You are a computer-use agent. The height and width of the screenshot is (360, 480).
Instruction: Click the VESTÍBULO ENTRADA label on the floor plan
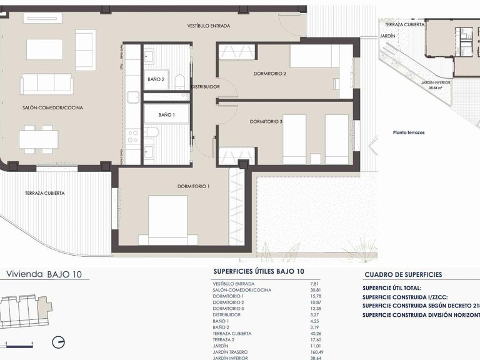click(x=209, y=26)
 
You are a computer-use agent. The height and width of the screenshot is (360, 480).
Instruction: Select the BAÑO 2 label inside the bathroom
click(x=156, y=79)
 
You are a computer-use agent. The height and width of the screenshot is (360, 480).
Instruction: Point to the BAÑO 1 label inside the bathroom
click(x=166, y=115)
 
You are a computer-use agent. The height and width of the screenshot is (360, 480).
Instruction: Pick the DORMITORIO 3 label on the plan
click(x=266, y=121)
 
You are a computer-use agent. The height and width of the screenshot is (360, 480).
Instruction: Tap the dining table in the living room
click(x=38, y=139)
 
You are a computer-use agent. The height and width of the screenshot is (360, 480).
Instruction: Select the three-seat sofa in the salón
click(x=46, y=84)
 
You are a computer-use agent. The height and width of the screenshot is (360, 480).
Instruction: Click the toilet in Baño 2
click(x=179, y=81)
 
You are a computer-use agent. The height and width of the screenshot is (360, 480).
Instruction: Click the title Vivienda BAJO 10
click(x=44, y=274)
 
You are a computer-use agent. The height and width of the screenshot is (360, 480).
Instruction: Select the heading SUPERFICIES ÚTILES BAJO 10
click(x=259, y=272)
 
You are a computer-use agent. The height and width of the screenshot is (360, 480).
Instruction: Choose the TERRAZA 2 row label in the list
click(x=225, y=339)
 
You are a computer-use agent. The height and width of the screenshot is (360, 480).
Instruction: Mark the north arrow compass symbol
click(x=59, y=342)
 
